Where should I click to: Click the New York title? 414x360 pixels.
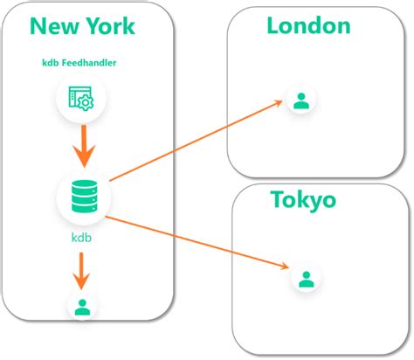[82, 25]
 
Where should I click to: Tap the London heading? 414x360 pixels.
[308, 25]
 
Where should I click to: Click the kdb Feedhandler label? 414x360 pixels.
[81, 63]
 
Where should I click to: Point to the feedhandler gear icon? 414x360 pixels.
[81, 100]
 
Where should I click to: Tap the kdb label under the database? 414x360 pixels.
[81, 237]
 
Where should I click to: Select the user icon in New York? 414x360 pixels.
[81, 306]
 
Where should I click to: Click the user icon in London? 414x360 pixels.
[301, 101]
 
